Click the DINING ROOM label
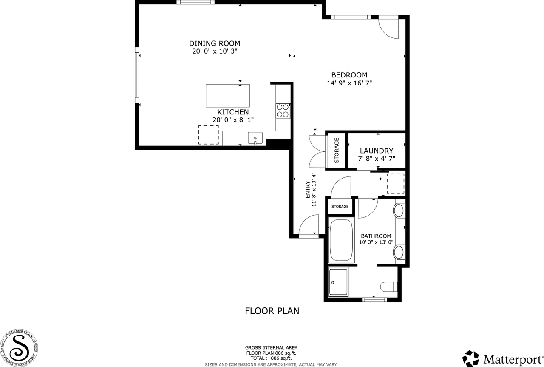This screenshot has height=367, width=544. coord(215,43)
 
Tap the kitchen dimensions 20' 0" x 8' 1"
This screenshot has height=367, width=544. coord(233,120)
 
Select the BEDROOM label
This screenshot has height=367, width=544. coord(349,75)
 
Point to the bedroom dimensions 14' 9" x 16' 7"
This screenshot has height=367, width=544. coord(349,83)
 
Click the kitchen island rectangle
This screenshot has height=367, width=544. coord(228,96)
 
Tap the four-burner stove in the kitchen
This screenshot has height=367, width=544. coord(283,111)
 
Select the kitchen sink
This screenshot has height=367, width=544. coord(255,138)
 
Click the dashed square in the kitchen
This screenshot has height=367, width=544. coord(209,135)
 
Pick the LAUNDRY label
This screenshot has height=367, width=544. coord(376,151)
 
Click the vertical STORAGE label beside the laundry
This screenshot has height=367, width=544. coord(337,151)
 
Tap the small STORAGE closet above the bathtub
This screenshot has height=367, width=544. coord(340,207)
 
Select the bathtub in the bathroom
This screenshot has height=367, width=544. coord(341,241)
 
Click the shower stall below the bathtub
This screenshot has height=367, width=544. coord(338,282)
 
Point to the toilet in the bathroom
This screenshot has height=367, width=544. coord(389,287)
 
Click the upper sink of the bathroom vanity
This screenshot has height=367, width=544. coord(399,211)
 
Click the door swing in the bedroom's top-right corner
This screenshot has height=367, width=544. coord(388,28)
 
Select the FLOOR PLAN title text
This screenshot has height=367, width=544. coord(272,311)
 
